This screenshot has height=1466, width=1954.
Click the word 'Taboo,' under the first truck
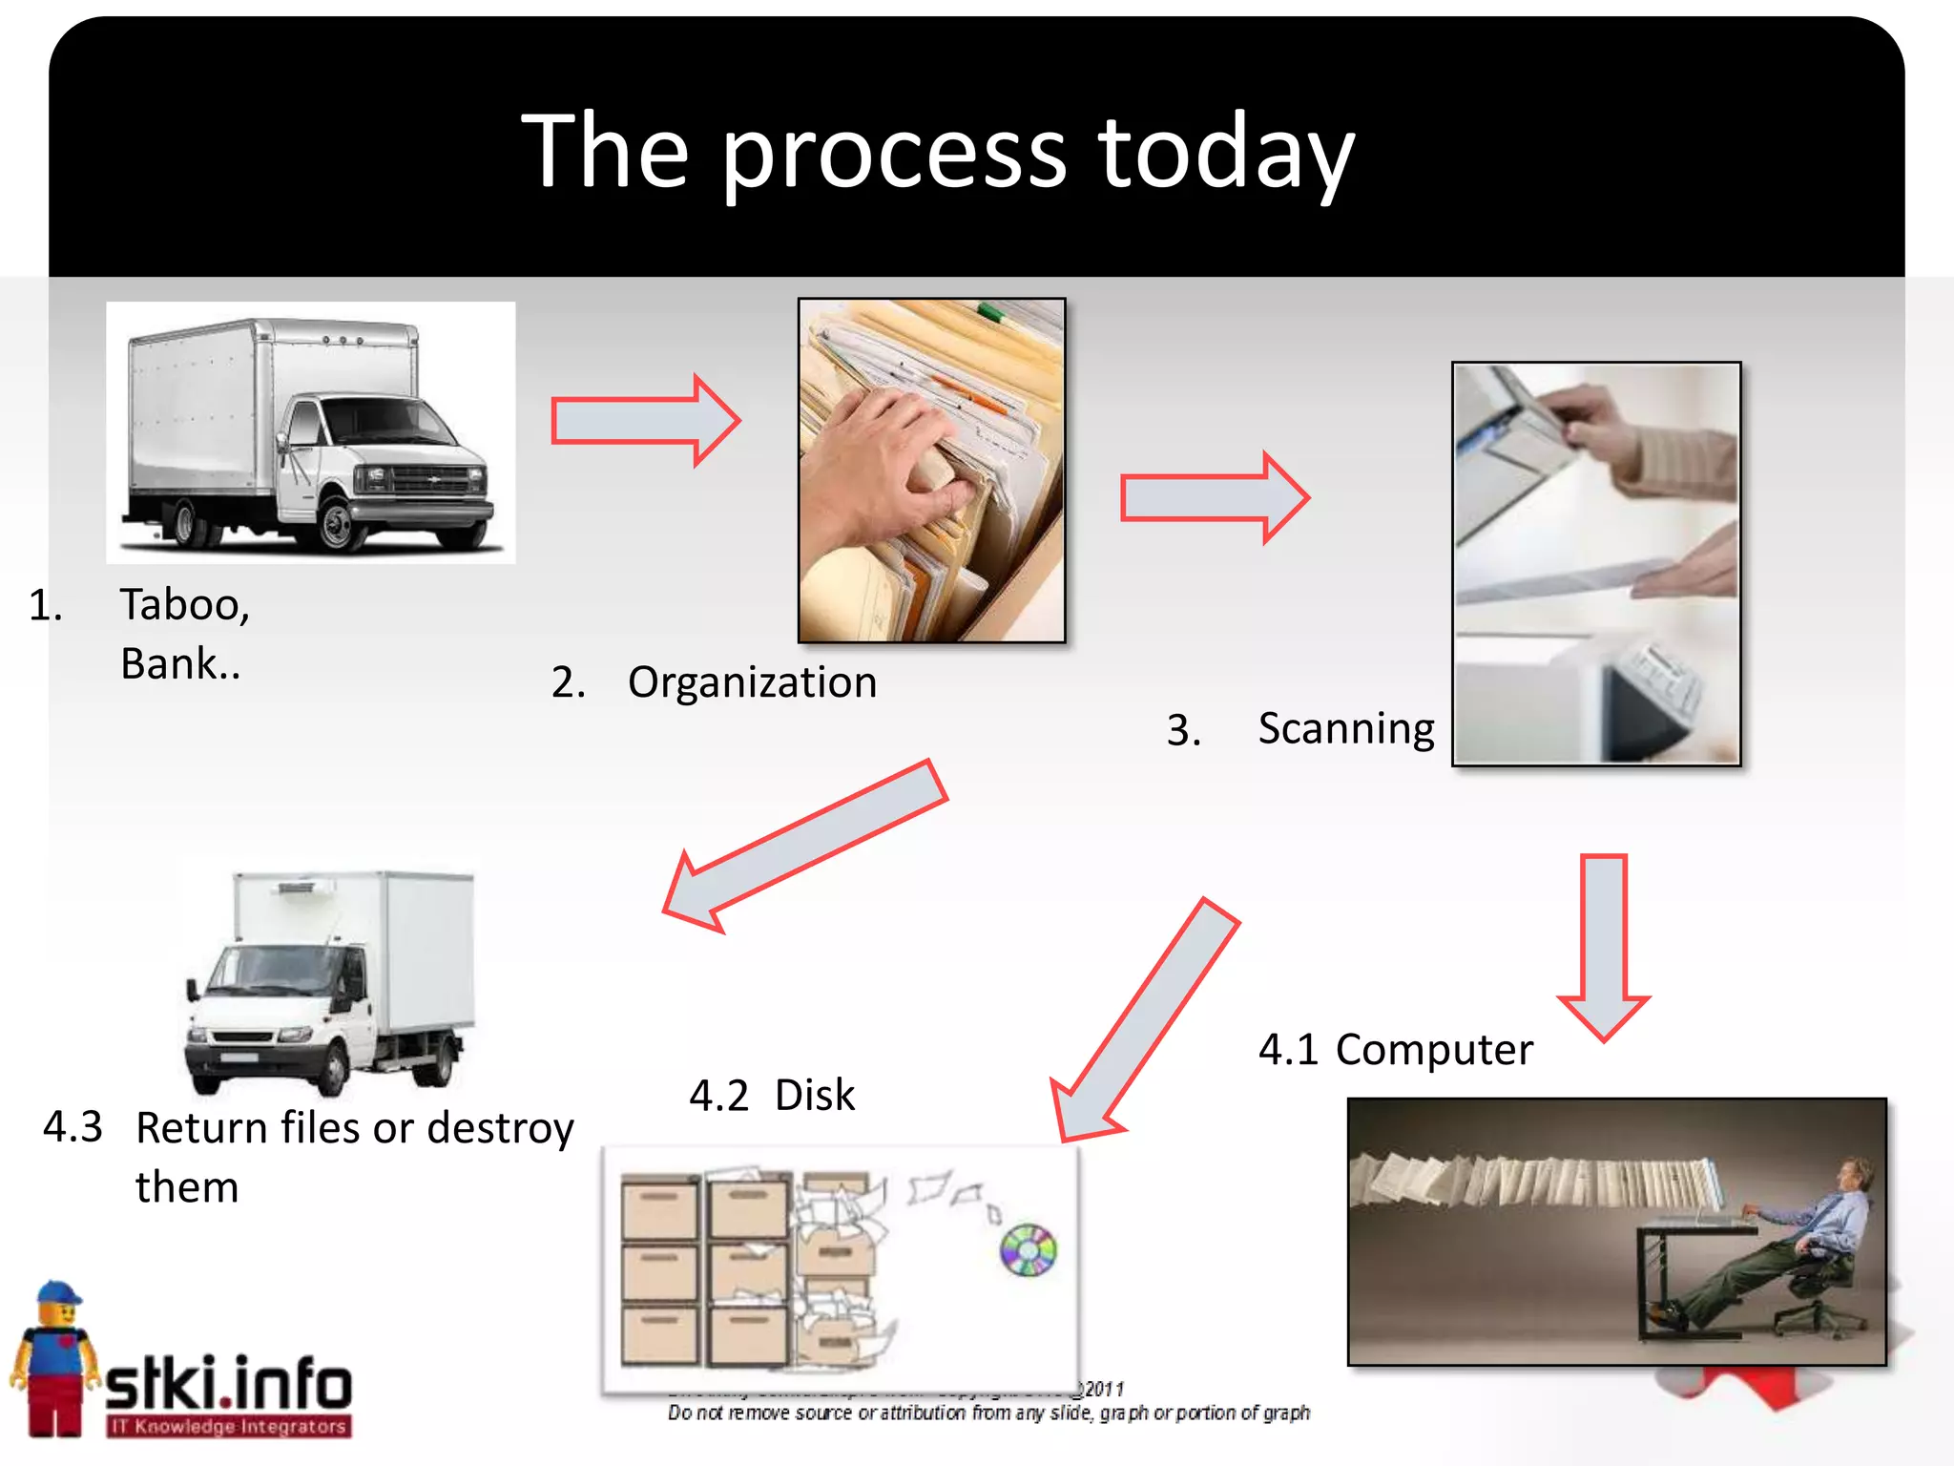(x=184, y=605)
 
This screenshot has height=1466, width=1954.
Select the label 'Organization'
(x=752, y=682)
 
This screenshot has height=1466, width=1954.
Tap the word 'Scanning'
(x=1345, y=729)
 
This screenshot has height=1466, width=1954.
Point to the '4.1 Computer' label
(x=1395, y=1050)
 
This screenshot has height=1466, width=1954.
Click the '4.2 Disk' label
(x=771, y=1096)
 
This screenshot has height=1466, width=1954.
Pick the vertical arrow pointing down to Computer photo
(x=1604, y=945)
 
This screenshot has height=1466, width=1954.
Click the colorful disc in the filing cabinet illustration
(x=1028, y=1249)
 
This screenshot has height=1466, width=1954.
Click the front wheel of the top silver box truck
(x=337, y=524)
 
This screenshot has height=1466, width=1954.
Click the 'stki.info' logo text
(x=227, y=1384)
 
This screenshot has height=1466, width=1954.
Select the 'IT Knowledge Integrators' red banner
(x=229, y=1427)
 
